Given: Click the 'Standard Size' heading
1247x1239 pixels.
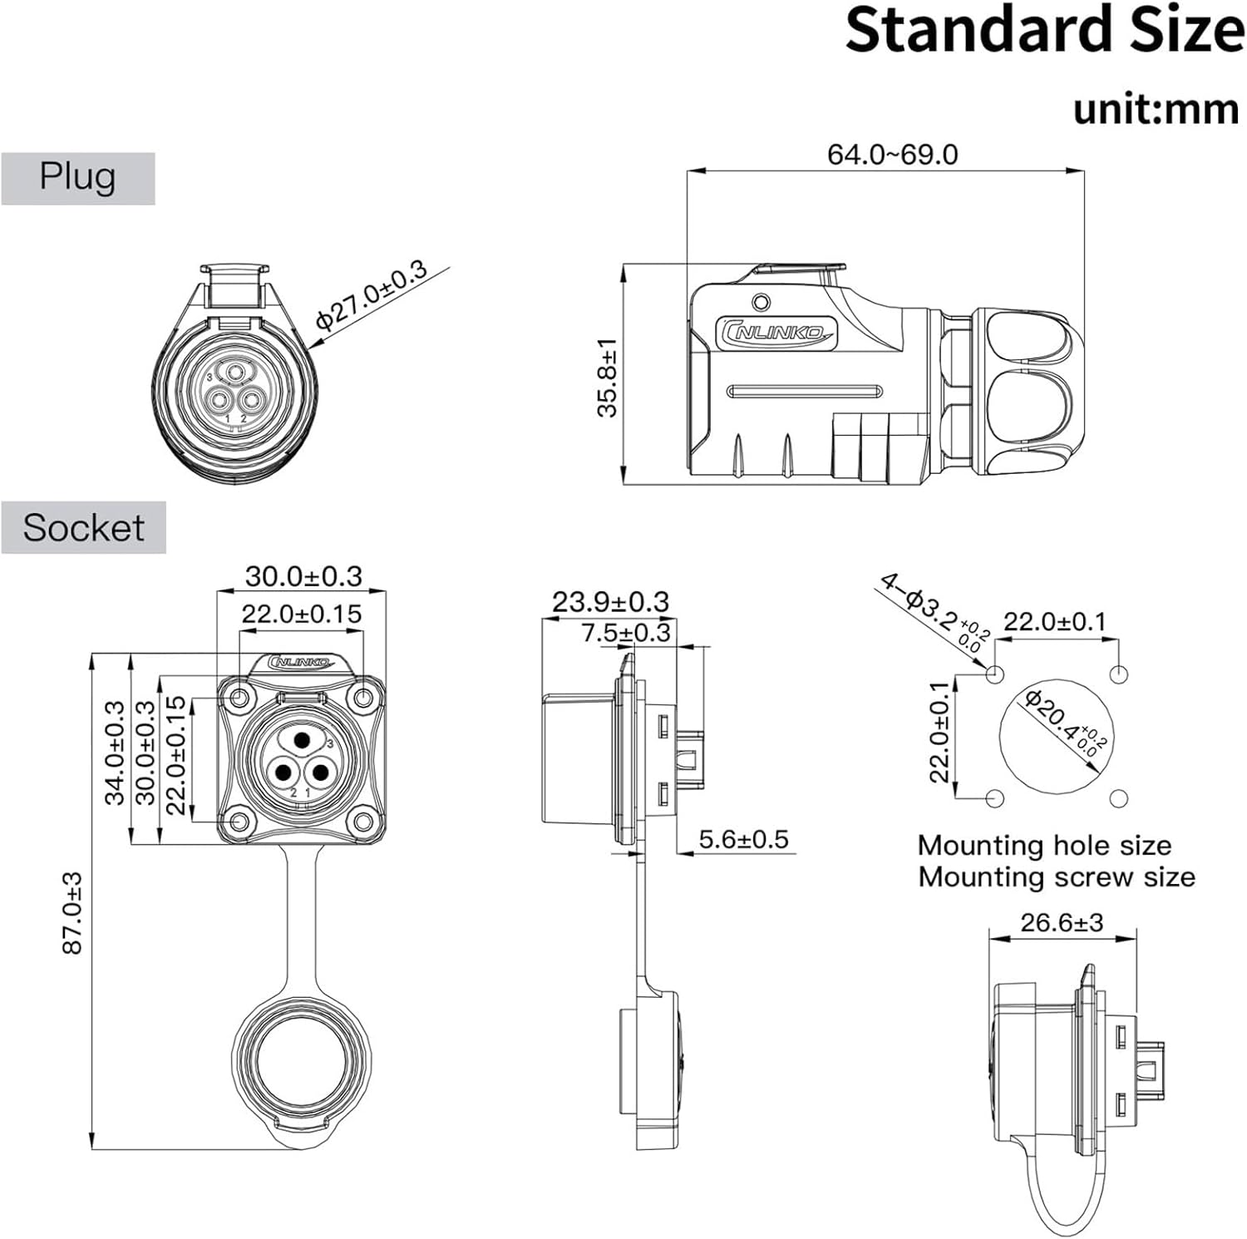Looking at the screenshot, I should tap(1044, 32).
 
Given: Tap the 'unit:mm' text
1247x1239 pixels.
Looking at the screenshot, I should tap(1156, 109).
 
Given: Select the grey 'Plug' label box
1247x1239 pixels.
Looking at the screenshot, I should tap(77, 178).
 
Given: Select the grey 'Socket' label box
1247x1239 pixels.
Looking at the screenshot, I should tap(83, 527).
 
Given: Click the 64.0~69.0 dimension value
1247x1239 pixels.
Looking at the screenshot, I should tap(892, 155).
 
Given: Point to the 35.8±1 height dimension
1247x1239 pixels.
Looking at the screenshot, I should tap(608, 378).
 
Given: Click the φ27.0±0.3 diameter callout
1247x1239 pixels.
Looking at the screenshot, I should tap(371, 295).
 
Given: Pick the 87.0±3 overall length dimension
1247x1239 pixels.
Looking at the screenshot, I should tap(73, 912).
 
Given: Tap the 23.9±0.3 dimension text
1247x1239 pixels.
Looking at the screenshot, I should tap(610, 601).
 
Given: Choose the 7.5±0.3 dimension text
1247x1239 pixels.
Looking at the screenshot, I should tap(625, 632).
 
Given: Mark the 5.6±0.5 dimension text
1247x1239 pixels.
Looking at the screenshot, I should tap(743, 839).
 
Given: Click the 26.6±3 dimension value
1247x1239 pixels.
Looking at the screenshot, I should tap(1062, 922).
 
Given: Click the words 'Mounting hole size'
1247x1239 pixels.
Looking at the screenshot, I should tap(1044, 846).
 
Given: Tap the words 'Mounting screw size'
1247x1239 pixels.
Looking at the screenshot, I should tap(1056, 876).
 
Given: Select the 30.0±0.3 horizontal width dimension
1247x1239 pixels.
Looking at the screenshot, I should tap(303, 576).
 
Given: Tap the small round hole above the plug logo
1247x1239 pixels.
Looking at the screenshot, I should tap(760, 301).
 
